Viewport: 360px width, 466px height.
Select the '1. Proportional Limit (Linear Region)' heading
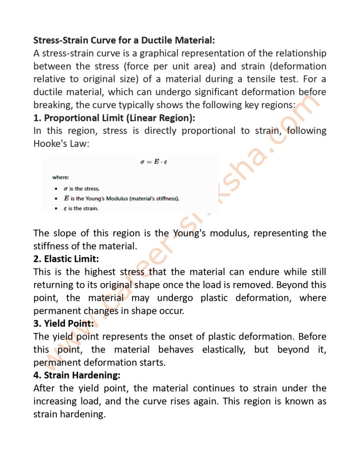coord(114,118)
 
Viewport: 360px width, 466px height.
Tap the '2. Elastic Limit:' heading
coord(66,259)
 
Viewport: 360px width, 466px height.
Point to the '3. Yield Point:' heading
coord(63,324)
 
